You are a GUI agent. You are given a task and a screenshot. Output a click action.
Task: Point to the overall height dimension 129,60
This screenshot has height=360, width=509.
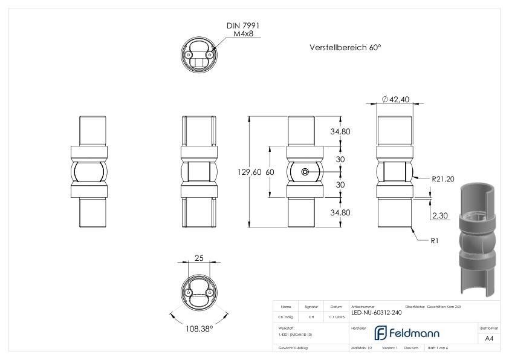coord(250,172)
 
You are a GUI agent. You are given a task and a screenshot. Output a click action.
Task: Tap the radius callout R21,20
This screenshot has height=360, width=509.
coord(443,178)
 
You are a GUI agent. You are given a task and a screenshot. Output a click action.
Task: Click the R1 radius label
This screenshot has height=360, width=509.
coord(435,241)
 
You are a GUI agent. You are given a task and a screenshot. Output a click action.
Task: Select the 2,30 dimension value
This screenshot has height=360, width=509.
coord(440,215)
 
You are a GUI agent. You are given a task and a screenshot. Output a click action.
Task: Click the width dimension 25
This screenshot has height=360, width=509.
coord(198,258)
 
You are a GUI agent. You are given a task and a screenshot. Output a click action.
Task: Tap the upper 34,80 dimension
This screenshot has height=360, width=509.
coord(339,131)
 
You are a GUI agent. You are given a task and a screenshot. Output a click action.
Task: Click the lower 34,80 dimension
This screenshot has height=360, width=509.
coord(339,213)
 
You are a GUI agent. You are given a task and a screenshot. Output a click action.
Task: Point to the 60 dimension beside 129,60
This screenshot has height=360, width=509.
coord(270,172)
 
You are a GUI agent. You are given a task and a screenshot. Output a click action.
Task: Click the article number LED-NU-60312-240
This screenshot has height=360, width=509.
coord(375,313)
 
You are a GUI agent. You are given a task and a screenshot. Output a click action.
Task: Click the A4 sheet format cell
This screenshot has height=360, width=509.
coord(489,338)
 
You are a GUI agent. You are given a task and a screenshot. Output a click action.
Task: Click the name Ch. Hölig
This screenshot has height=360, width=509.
coord(285,316)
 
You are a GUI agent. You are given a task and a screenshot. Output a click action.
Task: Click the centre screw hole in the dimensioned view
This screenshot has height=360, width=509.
coord(305,172)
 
